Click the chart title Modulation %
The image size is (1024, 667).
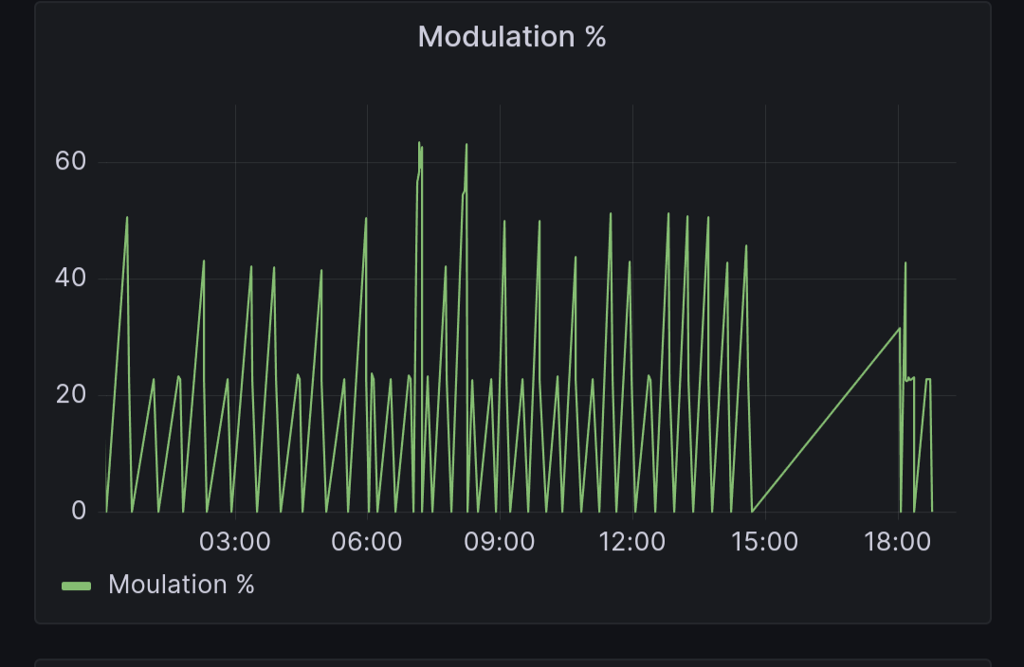(x=512, y=37)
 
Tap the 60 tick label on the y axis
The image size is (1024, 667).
(x=70, y=161)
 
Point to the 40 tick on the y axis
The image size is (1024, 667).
(x=70, y=279)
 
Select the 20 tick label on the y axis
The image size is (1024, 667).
(x=70, y=395)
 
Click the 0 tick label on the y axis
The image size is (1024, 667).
(x=78, y=512)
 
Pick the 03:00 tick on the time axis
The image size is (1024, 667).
(x=235, y=543)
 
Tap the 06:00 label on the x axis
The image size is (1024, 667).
(x=367, y=543)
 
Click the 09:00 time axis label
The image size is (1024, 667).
(x=500, y=543)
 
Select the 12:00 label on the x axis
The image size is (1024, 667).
(x=632, y=543)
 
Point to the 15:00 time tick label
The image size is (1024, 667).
(x=765, y=543)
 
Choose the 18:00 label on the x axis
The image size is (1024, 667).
(x=898, y=543)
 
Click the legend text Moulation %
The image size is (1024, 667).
(x=181, y=585)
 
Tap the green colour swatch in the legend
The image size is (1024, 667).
(x=76, y=586)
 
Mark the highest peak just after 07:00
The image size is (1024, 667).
(x=419, y=143)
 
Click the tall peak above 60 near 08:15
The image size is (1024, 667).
(x=466, y=145)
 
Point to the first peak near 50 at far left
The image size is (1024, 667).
(x=127, y=218)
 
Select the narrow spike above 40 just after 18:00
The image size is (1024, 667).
(x=905, y=263)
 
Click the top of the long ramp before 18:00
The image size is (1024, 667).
(x=899, y=329)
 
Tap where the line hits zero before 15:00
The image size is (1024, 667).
(x=753, y=512)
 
